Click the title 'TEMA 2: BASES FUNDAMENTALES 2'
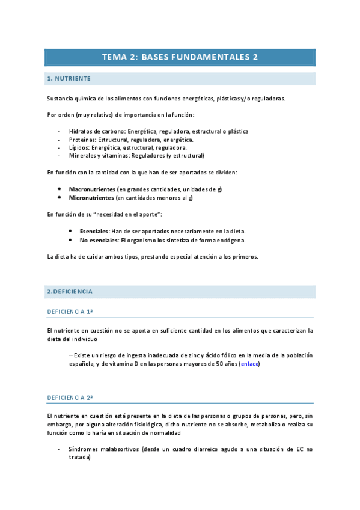pos(180,57)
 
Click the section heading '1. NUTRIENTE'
pos(69,79)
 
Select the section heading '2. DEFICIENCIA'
pos(70,292)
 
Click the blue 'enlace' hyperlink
pos(249,364)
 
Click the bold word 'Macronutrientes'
pos(92,189)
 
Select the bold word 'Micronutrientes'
pos(91,198)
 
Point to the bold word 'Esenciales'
pos(94,231)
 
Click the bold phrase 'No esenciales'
pos(99,240)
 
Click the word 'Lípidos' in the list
pos(79,147)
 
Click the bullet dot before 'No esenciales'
pos(71,240)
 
